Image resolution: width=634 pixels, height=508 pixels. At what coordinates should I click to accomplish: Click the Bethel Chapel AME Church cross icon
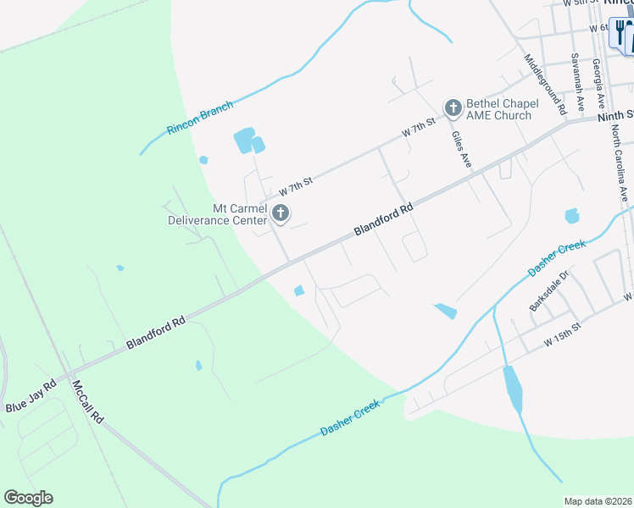[x=453, y=107]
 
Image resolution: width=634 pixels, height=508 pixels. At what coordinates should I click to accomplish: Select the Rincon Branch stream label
[x=199, y=119]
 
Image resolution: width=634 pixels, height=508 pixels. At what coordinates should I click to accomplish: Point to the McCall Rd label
[x=87, y=401]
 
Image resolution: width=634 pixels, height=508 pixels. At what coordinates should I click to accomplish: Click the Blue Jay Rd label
[x=31, y=395]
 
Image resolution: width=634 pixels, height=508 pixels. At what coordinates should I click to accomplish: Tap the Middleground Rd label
[x=544, y=86]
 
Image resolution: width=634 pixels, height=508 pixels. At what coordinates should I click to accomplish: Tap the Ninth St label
[x=616, y=114]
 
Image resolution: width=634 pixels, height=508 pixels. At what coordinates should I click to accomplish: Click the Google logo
[x=28, y=498]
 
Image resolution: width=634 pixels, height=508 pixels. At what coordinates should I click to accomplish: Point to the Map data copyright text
[x=597, y=501]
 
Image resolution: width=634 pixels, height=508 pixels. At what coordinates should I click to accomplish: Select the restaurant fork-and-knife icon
[x=621, y=34]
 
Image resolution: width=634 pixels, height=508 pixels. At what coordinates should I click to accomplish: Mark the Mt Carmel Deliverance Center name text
[x=217, y=214]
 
